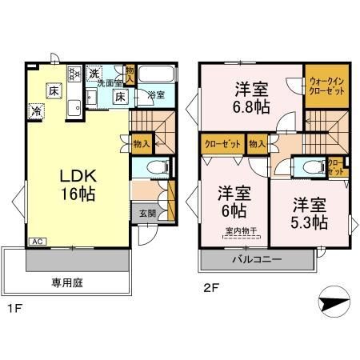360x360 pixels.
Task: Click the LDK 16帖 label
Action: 70,183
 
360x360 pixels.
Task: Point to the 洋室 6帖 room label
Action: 231,202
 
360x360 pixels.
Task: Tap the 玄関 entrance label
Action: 147,213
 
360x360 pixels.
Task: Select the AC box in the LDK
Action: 38,241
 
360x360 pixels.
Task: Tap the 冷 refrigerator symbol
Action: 37,111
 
